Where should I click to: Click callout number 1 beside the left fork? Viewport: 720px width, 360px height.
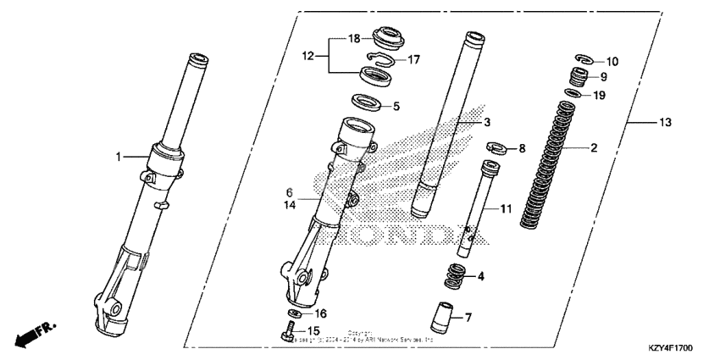tap(119, 156)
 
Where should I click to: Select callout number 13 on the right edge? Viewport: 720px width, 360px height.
tap(665, 123)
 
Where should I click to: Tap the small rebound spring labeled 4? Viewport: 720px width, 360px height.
tap(455, 276)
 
